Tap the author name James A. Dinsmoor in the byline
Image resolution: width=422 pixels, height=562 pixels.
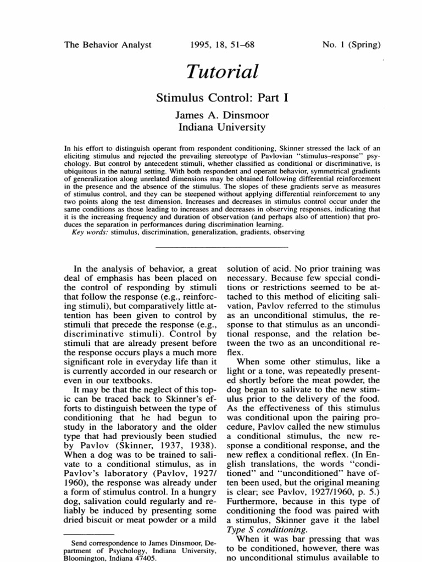click(212, 115)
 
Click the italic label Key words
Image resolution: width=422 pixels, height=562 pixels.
click(90, 232)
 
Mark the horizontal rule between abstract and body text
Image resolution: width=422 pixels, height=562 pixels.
click(212, 248)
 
